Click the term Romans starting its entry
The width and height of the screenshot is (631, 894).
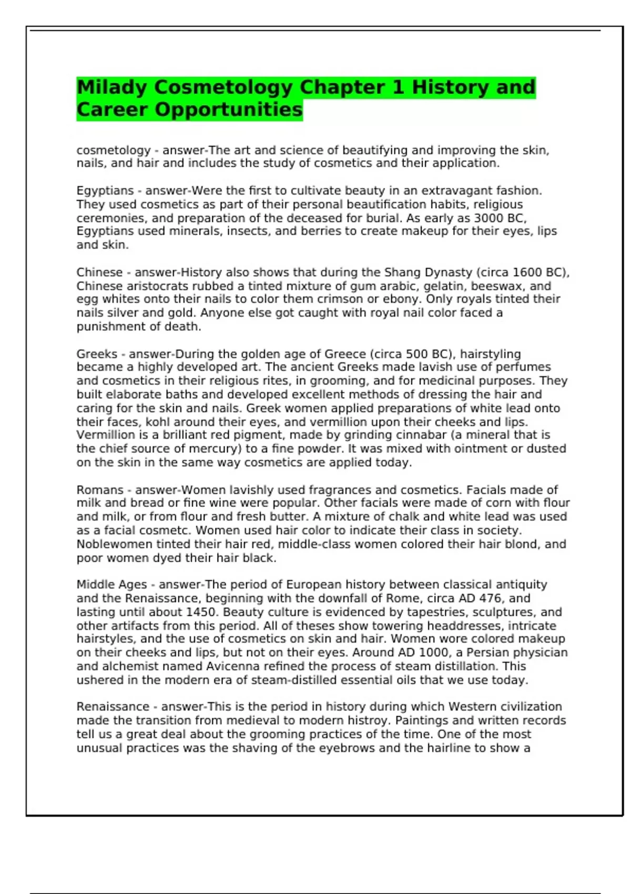(x=100, y=490)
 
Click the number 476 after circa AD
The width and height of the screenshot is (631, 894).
(x=491, y=598)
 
